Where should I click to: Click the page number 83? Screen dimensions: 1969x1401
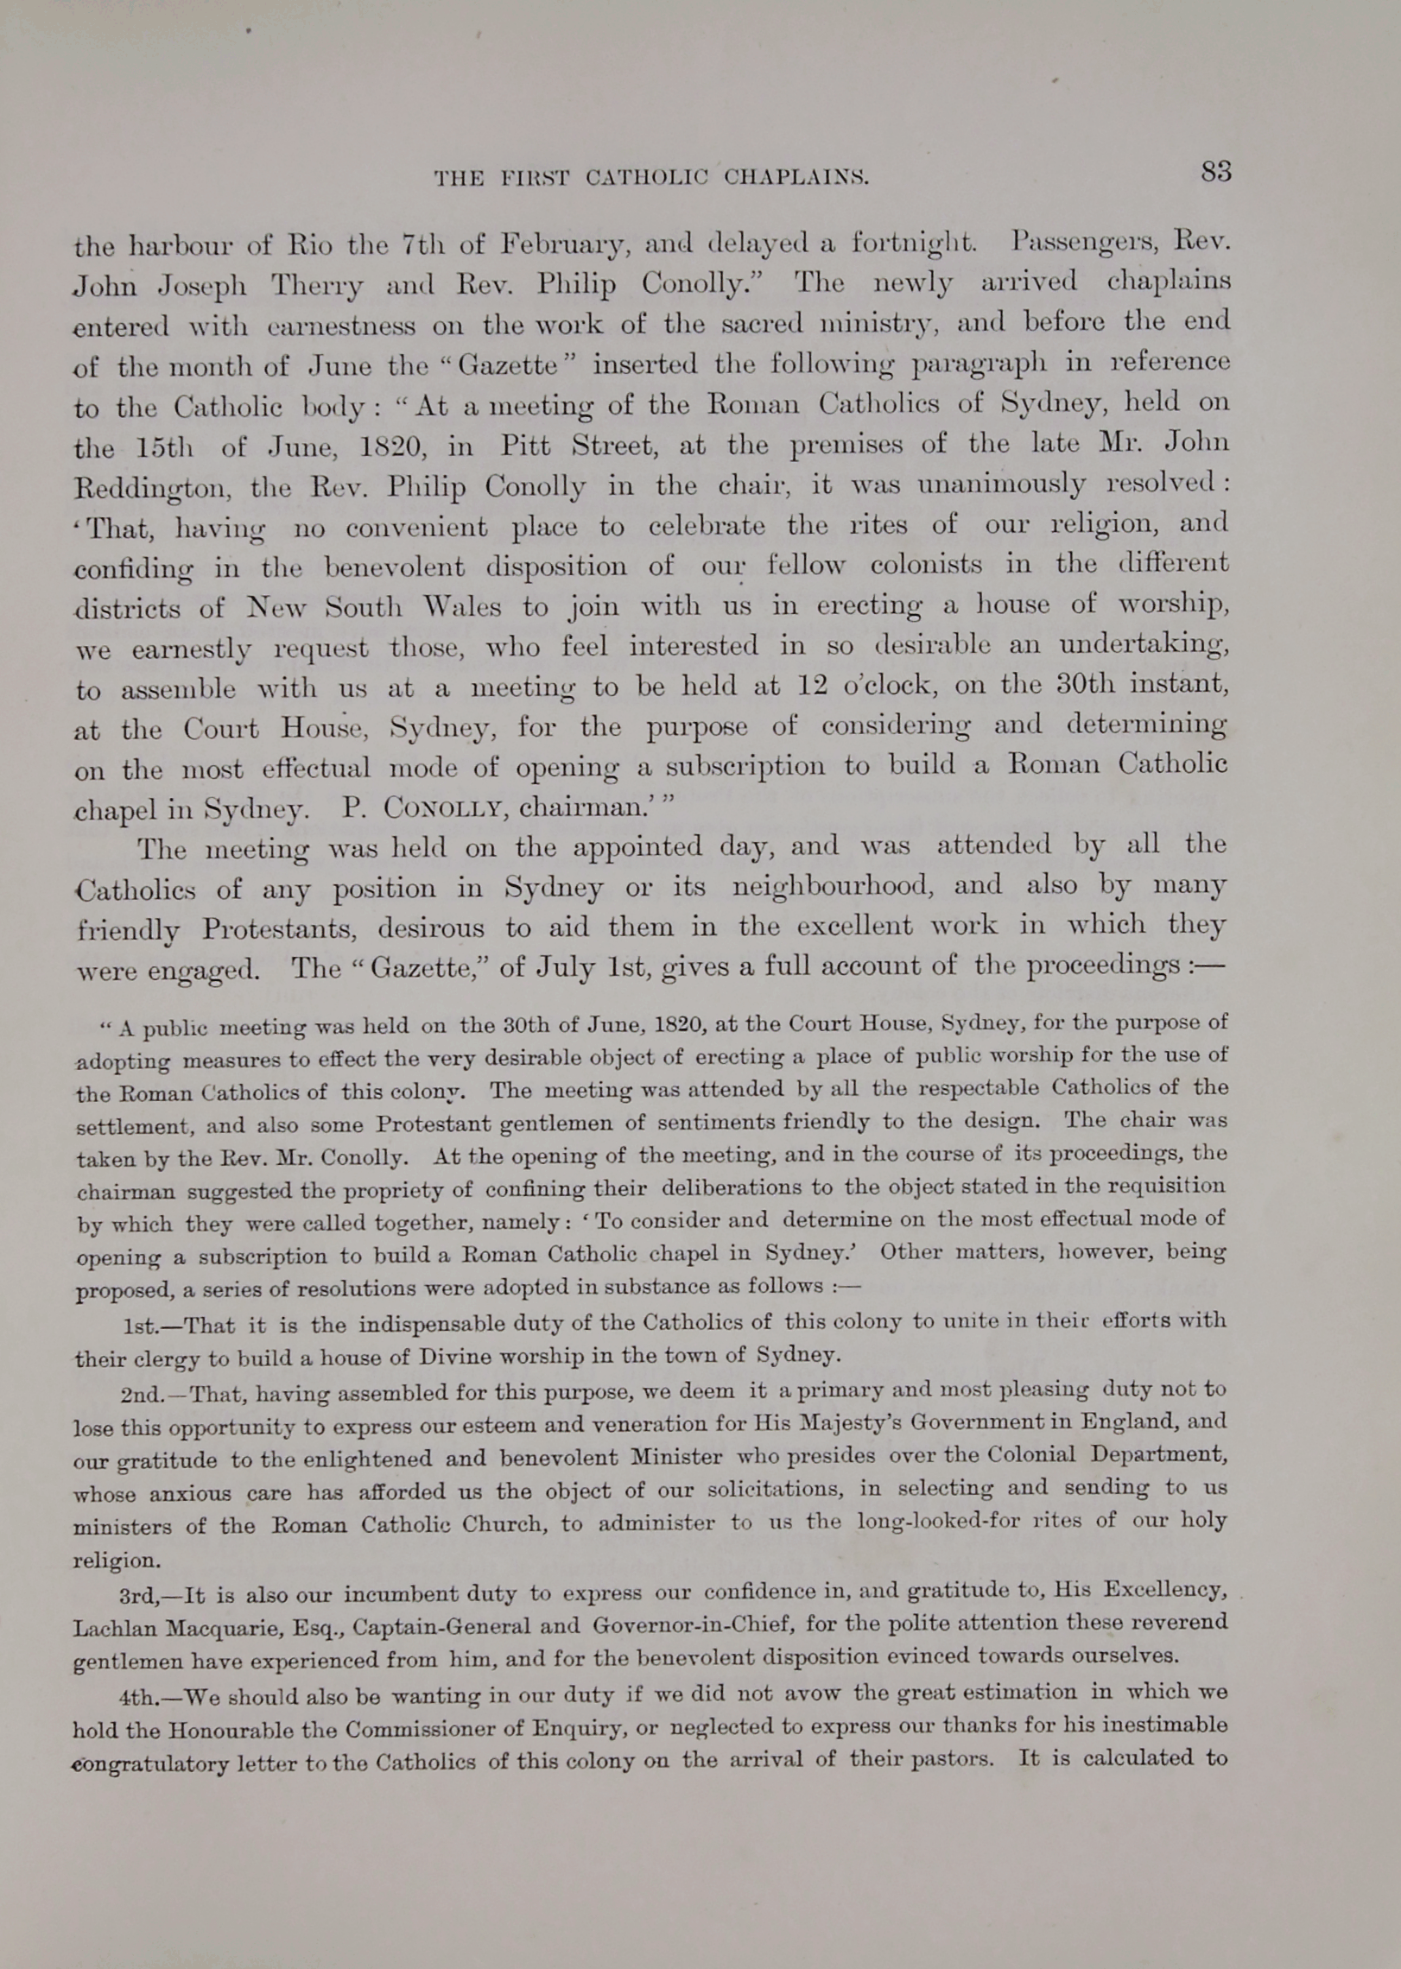coord(1215,173)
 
